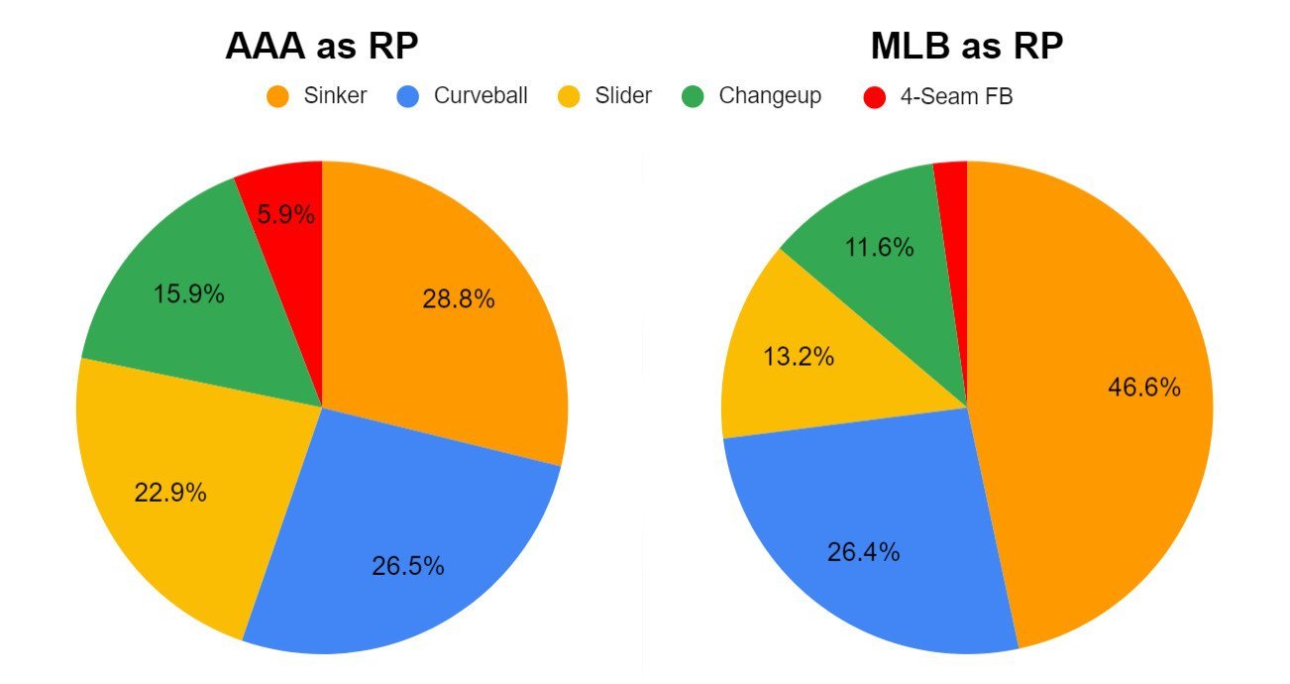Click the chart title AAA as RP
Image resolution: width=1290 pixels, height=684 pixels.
tap(322, 47)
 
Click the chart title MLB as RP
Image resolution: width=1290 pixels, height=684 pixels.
tap(967, 47)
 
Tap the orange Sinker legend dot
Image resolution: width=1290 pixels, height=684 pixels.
tap(278, 97)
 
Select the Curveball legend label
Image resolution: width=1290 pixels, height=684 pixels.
tap(480, 96)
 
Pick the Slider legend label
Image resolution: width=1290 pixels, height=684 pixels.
tap(623, 96)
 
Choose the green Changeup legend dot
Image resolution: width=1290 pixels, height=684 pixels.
tap(693, 97)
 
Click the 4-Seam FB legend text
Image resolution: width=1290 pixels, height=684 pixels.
tap(956, 97)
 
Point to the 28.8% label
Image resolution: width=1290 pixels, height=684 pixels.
tap(458, 299)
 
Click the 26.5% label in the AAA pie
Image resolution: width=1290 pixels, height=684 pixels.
tap(408, 566)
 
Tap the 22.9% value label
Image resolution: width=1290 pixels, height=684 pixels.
tap(170, 492)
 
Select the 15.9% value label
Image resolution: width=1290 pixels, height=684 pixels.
tap(189, 294)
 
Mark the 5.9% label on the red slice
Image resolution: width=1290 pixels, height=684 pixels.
tap(286, 214)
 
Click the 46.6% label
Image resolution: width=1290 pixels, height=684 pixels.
tap(1143, 388)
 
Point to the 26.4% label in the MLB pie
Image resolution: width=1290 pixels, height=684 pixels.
tap(863, 552)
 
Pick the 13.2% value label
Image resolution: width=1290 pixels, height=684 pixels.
tap(798, 357)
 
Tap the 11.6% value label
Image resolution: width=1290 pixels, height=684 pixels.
tap(878, 247)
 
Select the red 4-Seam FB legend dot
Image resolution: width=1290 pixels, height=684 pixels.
tap(874, 97)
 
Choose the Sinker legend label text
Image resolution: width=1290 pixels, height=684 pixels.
tap(337, 96)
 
